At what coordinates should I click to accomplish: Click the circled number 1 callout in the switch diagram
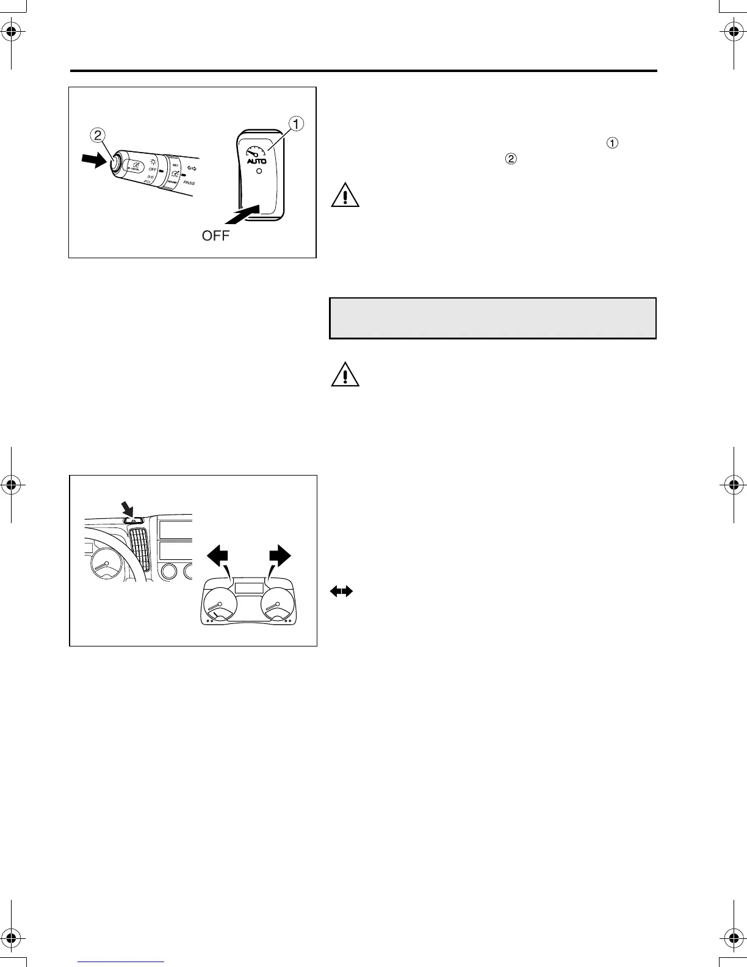point(296,123)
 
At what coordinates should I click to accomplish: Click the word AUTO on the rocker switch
point(257,162)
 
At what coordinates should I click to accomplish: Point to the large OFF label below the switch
point(215,236)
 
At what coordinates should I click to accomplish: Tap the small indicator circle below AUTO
point(259,173)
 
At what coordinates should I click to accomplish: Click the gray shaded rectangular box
point(493,318)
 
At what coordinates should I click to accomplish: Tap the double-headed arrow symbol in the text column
point(342,591)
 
